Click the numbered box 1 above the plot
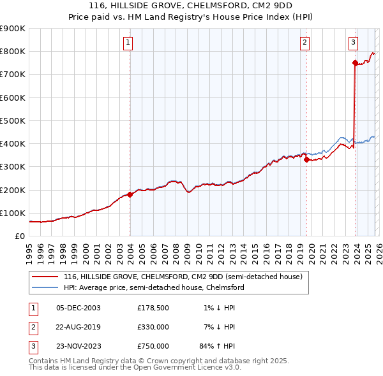point(128,43)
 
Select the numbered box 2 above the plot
point(305,43)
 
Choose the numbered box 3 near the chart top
point(353,43)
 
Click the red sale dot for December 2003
point(130,194)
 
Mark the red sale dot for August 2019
point(307,160)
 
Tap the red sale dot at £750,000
point(355,62)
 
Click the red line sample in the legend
point(45,277)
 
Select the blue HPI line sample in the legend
point(45,287)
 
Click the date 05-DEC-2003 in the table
point(79,308)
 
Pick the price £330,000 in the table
point(153,327)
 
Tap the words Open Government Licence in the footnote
point(191,367)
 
